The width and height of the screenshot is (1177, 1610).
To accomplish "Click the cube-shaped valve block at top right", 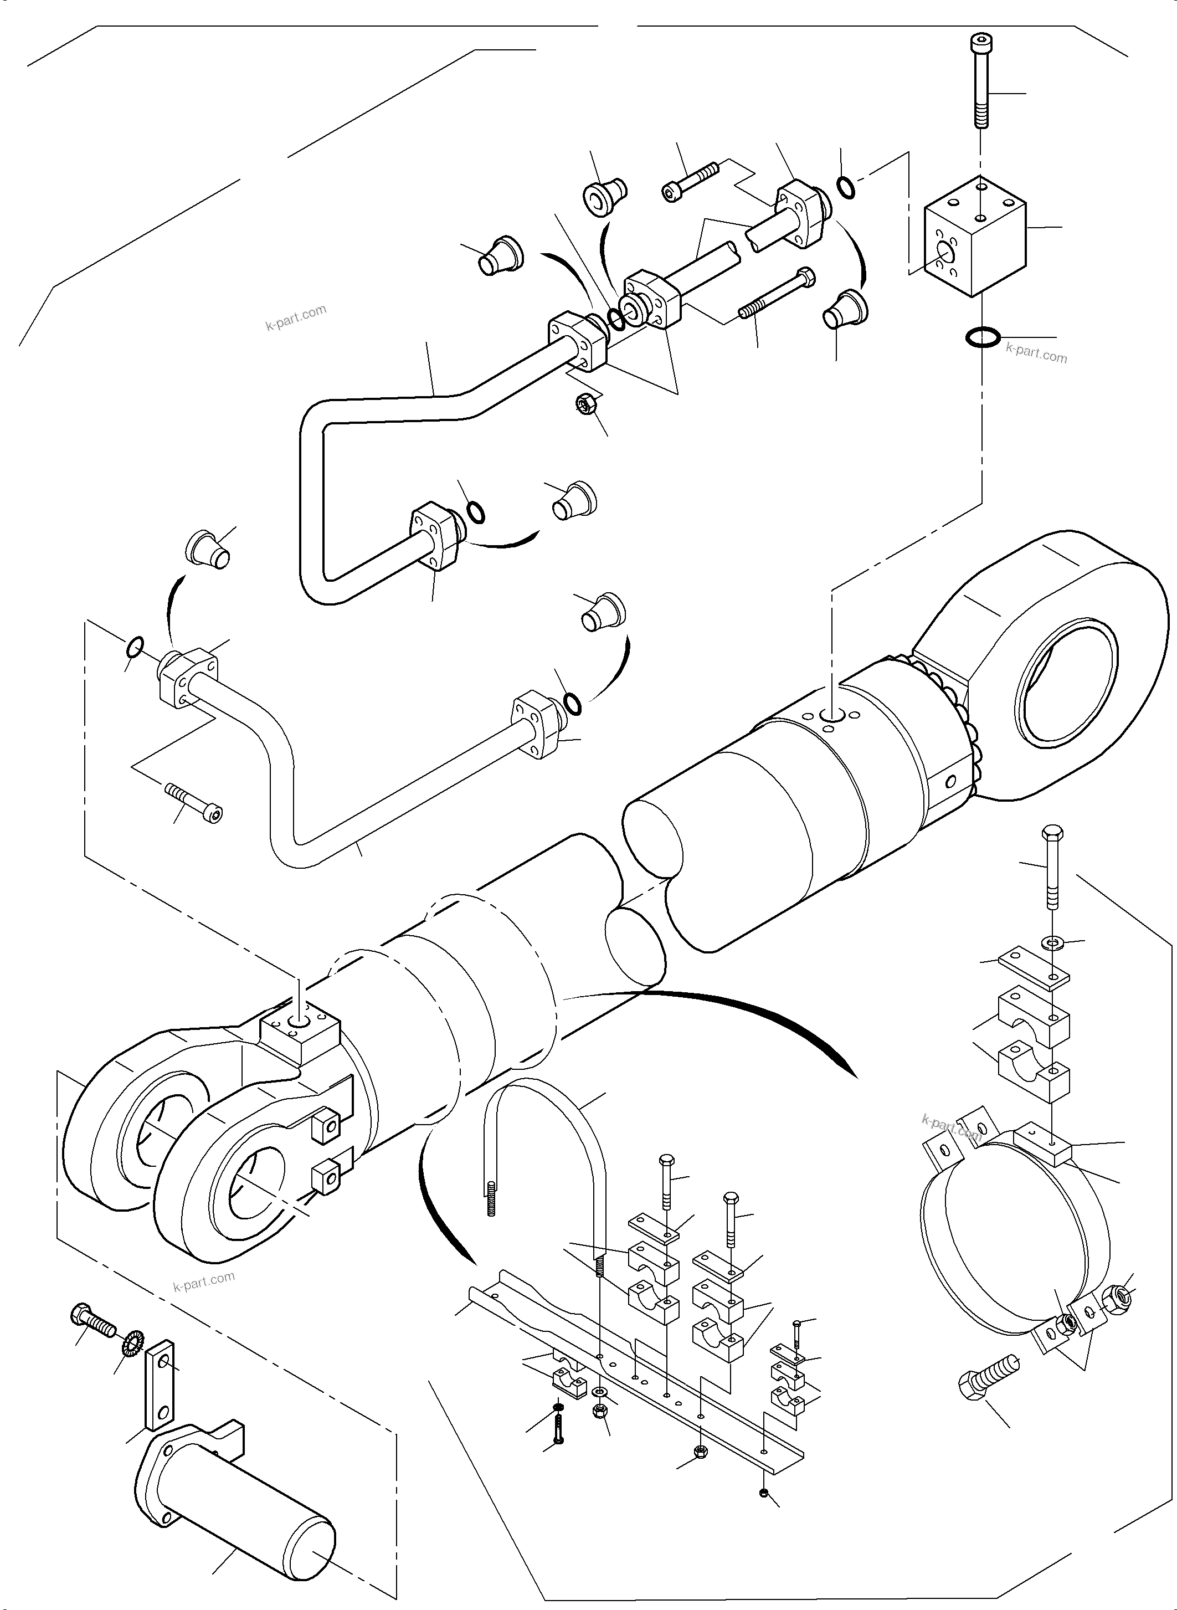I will click(x=976, y=237).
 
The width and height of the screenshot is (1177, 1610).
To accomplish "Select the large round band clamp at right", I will click(x=1012, y=1233).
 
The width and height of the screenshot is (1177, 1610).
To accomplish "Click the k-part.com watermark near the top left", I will click(x=296, y=319).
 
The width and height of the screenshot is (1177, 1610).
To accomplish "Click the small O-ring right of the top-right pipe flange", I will click(x=845, y=187).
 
